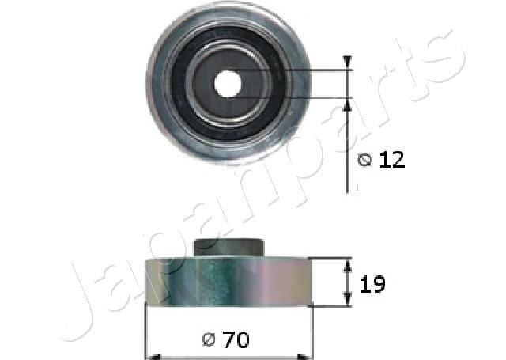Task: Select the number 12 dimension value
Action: point(391,160)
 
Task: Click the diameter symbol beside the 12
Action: point(364,161)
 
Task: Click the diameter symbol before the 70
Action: point(209,341)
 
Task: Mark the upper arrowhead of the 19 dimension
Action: point(347,265)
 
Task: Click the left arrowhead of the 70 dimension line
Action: point(151,354)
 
